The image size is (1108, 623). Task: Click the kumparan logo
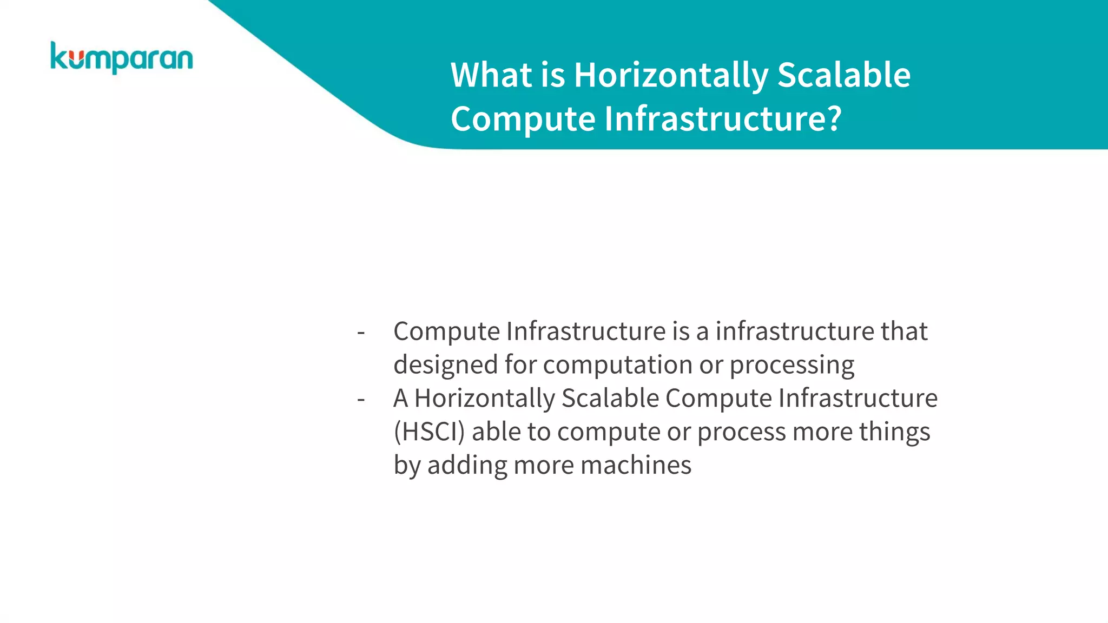click(x=121, y=58)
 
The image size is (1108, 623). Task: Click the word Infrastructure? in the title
click(x=723, y=118)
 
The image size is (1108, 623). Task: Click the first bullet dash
click(x=361, y=332)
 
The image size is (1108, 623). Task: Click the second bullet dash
click(x=361, y=399)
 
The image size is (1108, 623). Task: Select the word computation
click(x=617, y=365)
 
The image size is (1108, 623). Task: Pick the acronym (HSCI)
click(x=429, y=432)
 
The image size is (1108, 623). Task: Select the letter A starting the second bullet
click(x=400, y=399)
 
